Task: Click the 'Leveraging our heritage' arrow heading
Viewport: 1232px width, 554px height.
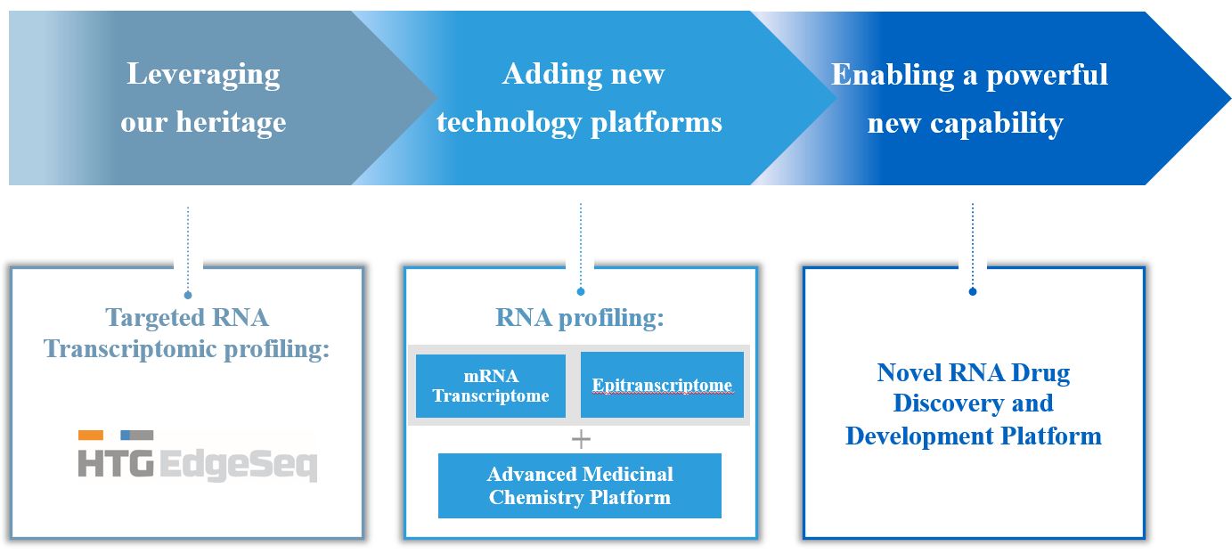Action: [x=203, y=97]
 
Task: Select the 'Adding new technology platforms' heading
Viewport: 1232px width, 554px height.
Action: [x=580, y=97]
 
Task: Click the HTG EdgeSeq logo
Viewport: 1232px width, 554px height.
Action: [x=197, y=456]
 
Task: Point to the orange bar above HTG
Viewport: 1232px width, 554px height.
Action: [x=91, y=436]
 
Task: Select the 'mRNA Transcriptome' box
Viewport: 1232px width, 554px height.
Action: [x=490, y=386]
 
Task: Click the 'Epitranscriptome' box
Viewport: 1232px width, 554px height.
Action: [x=662, y=386]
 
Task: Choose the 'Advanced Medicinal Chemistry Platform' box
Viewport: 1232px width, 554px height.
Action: [x=580, y=485]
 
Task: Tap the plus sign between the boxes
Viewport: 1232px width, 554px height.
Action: [x=581, y=438]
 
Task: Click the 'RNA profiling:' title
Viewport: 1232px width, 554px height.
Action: [x=580, y=318]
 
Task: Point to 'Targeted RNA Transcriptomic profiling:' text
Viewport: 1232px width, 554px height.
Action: [x=187, y=333]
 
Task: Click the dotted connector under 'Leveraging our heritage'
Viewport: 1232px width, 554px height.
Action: [x=188, y=249]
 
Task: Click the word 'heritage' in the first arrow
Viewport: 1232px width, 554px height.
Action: [x=230, y=122]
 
